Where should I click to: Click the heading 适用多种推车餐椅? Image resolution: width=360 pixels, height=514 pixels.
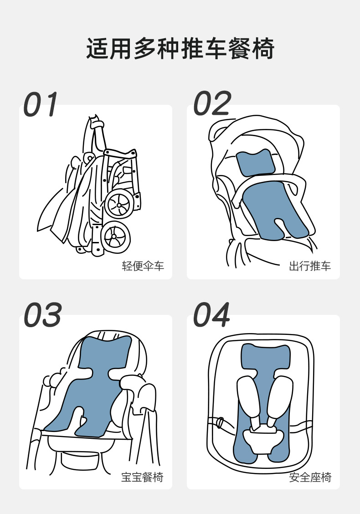pyautogui.click(x=180, y=49)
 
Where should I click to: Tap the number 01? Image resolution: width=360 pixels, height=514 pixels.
pyautogui.click(x=41, y=104)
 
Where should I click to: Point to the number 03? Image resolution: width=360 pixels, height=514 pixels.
pyautogui.click(x=42, y=314)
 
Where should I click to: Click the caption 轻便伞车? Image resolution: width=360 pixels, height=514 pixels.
pyautogui.click(x=143, y=266)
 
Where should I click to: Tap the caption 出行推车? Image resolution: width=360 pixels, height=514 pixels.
pyautogui.click(x=310, y=266)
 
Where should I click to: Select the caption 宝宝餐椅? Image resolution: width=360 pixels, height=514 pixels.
pyautogui.click(x=142, y=477)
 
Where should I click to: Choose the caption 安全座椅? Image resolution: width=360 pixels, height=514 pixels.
pyautogui.click(x=310, y=477)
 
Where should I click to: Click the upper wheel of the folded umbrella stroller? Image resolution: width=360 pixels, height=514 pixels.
pyautogui.click(x=119, y=205)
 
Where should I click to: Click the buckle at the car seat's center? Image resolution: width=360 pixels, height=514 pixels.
pyautogui.click(x=263, y=439)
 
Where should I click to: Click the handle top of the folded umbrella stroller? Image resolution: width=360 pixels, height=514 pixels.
pyautogui.click(x=95, y=123)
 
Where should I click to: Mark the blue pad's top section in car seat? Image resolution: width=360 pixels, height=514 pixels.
pyautogui.click(x=266, y=358)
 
